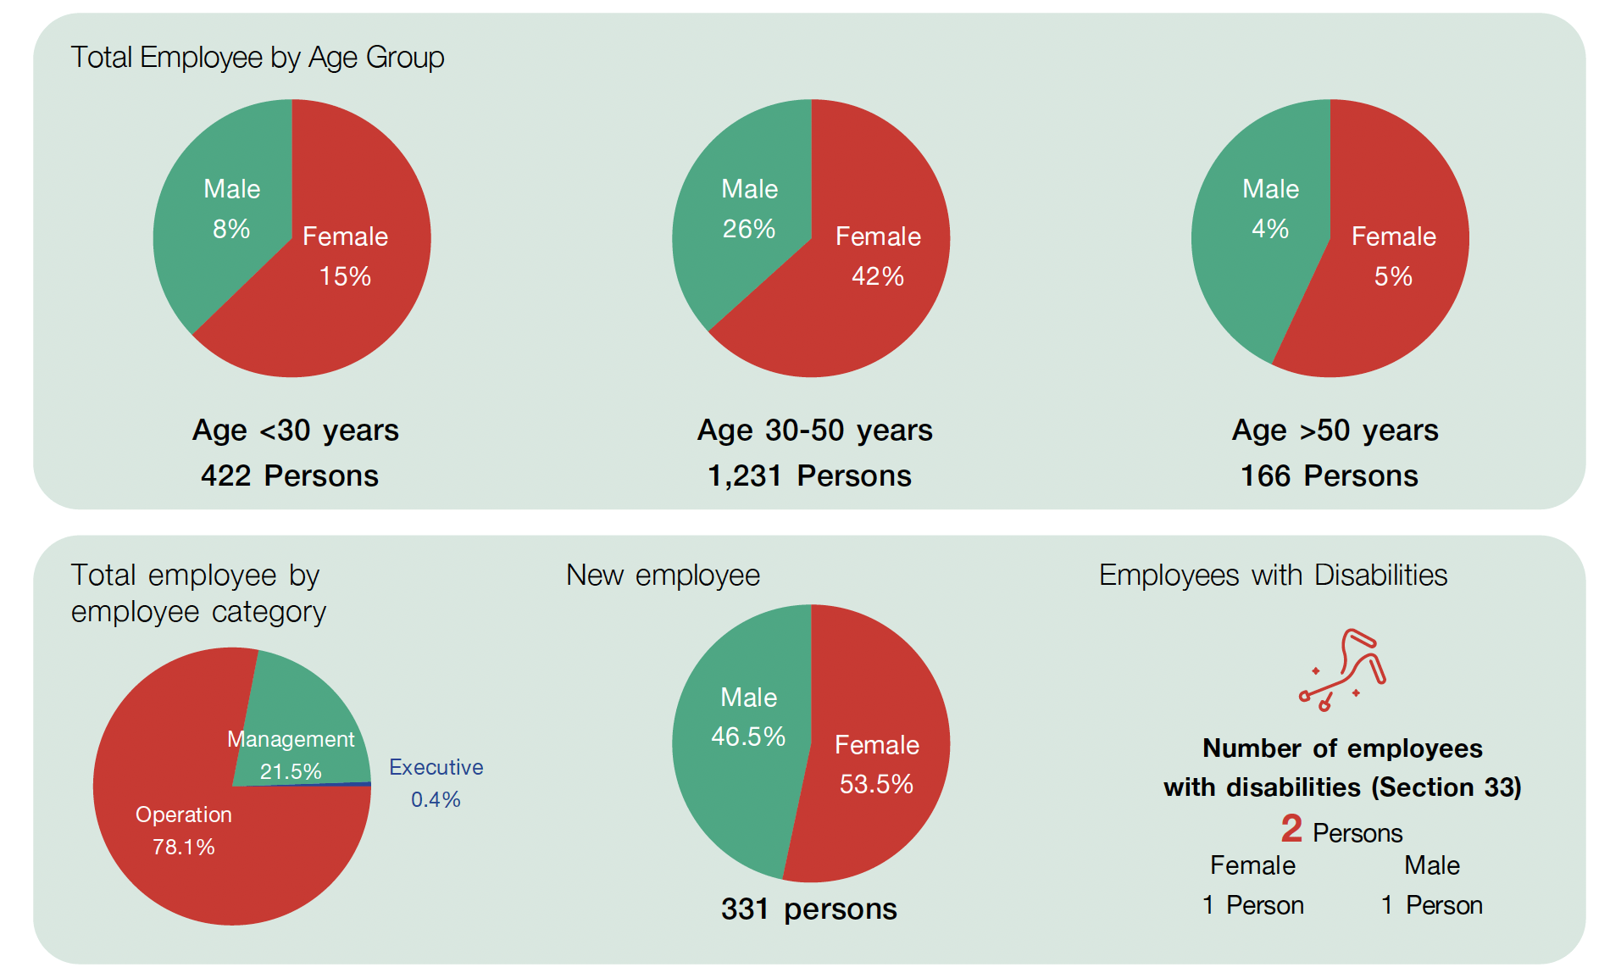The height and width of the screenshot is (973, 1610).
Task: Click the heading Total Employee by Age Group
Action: (x=257, y=58)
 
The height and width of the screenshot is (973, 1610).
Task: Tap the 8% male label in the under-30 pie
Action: (x=231, y=229)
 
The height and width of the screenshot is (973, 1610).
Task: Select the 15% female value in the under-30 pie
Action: (x=345, y=276)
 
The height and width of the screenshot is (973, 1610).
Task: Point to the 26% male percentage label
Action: (x=749, y=229)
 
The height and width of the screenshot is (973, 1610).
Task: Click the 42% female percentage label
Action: (x=878, y=276)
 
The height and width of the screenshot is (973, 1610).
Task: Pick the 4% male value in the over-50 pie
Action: (x=1270, y=229)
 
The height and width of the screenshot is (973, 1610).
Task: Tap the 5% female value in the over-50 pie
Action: (x=1393, y=276)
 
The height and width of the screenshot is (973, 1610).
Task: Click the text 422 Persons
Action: (x=290, y=475)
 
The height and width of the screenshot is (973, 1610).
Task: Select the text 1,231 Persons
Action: (x=809, y=475)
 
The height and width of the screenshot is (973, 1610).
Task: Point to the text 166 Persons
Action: (x=1329, y=475)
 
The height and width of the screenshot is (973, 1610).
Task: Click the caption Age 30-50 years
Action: (x=814, y=431)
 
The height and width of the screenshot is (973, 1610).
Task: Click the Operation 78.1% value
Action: (x=184, y=846)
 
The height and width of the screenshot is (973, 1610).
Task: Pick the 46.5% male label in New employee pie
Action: (x=748, y=736)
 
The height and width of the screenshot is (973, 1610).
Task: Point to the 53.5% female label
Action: (x=876, y=783)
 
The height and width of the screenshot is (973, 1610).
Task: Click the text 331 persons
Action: (x=808, y=909)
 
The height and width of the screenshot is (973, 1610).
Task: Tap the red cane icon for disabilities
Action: (x=1343, y=670)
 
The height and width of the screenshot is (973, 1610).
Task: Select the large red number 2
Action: (x=1291, y=828)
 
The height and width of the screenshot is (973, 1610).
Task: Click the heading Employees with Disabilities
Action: (x=1273, y=575)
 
